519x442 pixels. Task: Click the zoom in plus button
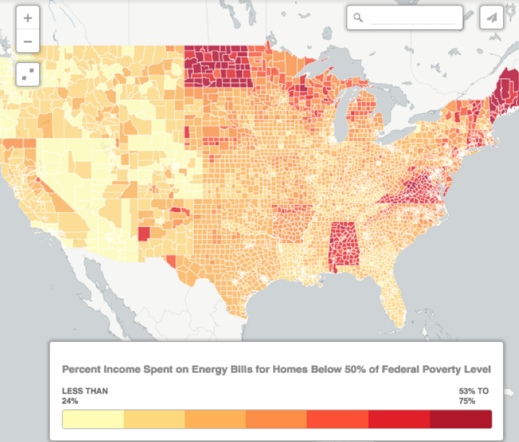[x=28, y=19]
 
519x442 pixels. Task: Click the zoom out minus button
[x=28, y=42]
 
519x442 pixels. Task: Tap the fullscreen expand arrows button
[x=28, y=75]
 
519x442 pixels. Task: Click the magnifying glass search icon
[x=358, y=18]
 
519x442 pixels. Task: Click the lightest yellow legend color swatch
[x=93, y=419]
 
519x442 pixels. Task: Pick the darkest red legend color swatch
[x=461, y=419]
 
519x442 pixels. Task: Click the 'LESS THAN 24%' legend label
[x=85, y=395]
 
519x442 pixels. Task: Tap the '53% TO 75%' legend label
[x=473, y=395]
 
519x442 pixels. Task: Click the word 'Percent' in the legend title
[x=80, y=369]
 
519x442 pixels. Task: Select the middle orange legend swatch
[x=276, y=419]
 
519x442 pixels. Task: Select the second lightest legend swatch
[x=154, y=419]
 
